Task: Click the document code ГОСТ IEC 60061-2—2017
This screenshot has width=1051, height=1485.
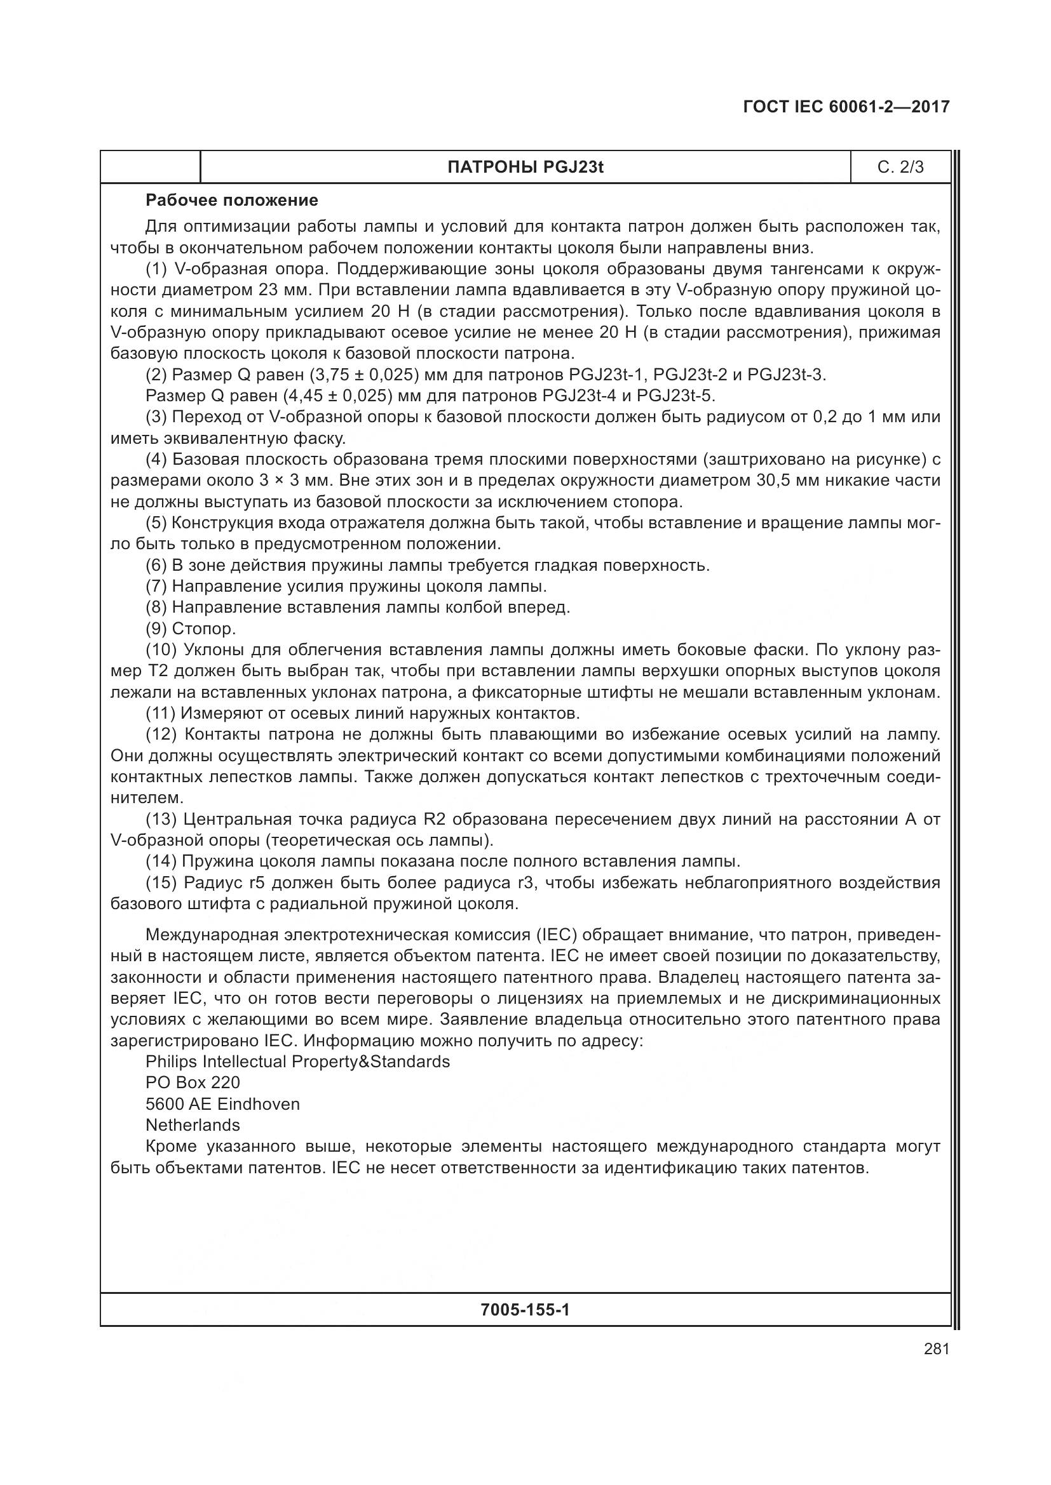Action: (846, 107)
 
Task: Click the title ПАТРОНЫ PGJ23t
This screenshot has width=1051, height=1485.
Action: (525, 168)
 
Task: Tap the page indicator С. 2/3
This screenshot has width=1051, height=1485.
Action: (900, 168)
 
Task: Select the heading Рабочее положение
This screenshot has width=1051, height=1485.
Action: (232, 201)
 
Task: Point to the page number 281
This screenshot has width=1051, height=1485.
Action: (937, 1349)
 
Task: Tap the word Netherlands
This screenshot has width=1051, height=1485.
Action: (193, 1125)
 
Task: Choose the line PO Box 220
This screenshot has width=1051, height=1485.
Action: (193, 1082)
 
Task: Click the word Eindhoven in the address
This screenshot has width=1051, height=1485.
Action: (259, 1104)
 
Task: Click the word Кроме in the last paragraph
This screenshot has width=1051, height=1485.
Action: (171, 1146)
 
